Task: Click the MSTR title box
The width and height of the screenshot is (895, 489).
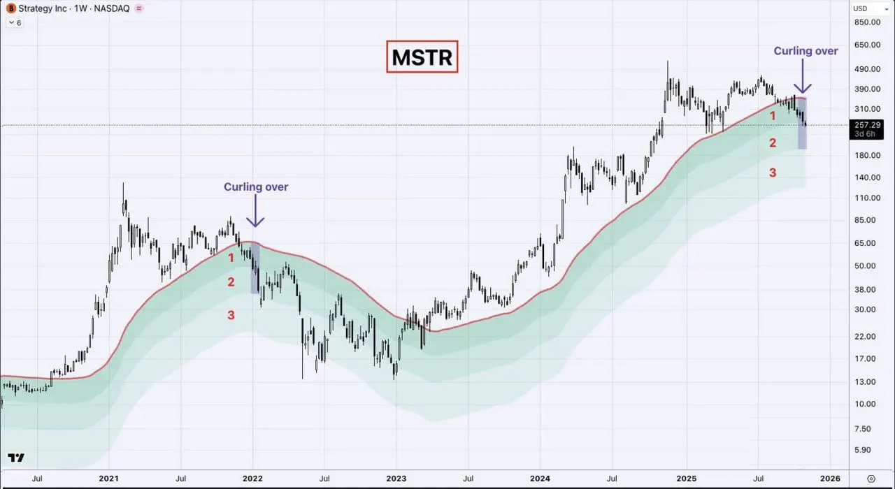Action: point(422,57)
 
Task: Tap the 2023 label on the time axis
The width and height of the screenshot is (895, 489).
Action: point(396,479)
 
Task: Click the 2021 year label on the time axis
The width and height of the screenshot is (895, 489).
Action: point(108,479)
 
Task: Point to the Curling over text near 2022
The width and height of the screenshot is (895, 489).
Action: point(256,187)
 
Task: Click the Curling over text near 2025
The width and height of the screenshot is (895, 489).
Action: point(805,51)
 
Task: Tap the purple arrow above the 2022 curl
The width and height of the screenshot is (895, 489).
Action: point(256,210)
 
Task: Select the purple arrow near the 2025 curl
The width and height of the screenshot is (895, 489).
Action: point(803,76)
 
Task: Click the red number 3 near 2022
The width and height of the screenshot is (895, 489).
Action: point(231,316)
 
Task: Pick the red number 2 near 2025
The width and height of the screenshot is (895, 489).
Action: point(773,143)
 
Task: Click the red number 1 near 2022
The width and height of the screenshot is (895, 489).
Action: point(231,258)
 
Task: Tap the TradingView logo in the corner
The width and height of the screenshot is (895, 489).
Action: point(16,458)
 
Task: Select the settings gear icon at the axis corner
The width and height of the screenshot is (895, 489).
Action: point(871,479)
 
